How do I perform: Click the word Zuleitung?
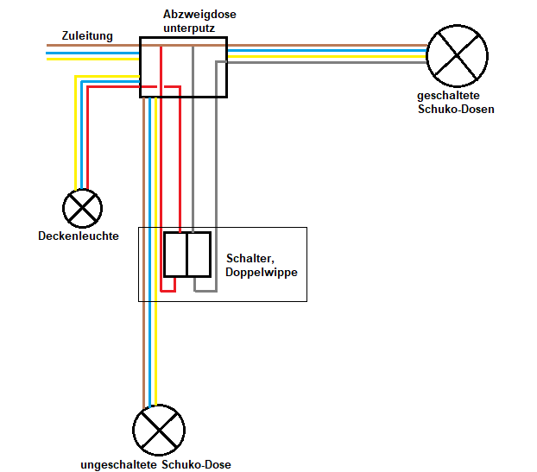[x=86, y=35]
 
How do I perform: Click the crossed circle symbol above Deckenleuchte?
[x=83, y=208]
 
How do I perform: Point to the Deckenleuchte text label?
[x=79, y=236]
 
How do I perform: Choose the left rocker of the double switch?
[x=175, y=255]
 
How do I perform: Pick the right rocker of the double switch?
[x=199, y=255]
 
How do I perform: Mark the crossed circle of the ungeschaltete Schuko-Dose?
[x=159, y=430]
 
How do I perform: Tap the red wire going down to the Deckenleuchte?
[x=87, y=138]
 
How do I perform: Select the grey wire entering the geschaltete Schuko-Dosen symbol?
[x=345, y=63]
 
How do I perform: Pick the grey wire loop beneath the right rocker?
[x=205, y=290]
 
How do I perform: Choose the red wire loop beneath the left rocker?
[x=168, y=290]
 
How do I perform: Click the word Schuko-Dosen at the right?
[x=456, y=110]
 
